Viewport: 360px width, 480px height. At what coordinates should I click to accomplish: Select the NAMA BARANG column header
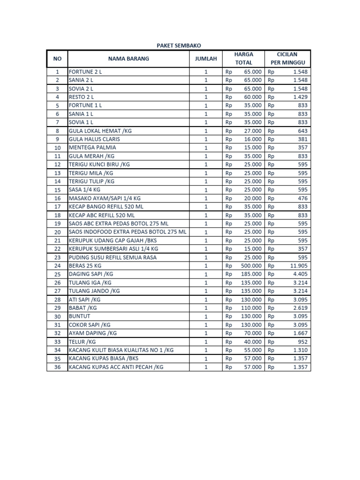(128, 59)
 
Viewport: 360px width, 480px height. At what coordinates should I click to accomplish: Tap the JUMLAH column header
(206, 59)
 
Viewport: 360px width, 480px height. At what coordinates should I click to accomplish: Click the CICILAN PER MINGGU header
(287, 59)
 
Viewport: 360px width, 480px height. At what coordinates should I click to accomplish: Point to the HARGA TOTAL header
(243, 59)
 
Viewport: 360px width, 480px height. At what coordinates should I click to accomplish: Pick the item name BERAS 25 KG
(85, 266)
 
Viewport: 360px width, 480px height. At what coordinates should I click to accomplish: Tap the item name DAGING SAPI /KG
(91, 274)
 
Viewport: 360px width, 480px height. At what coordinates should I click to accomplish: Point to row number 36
(58, 367)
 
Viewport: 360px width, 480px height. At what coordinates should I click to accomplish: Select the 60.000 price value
(253, 97)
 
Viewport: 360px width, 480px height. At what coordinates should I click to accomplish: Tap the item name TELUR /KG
(82, 342)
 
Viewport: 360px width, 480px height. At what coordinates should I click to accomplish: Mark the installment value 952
(302, 342)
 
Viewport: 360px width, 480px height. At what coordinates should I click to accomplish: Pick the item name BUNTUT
(79, 316)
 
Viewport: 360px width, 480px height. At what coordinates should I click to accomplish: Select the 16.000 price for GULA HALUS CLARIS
(253, 139)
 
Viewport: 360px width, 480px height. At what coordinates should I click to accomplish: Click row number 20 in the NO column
(58, 232)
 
